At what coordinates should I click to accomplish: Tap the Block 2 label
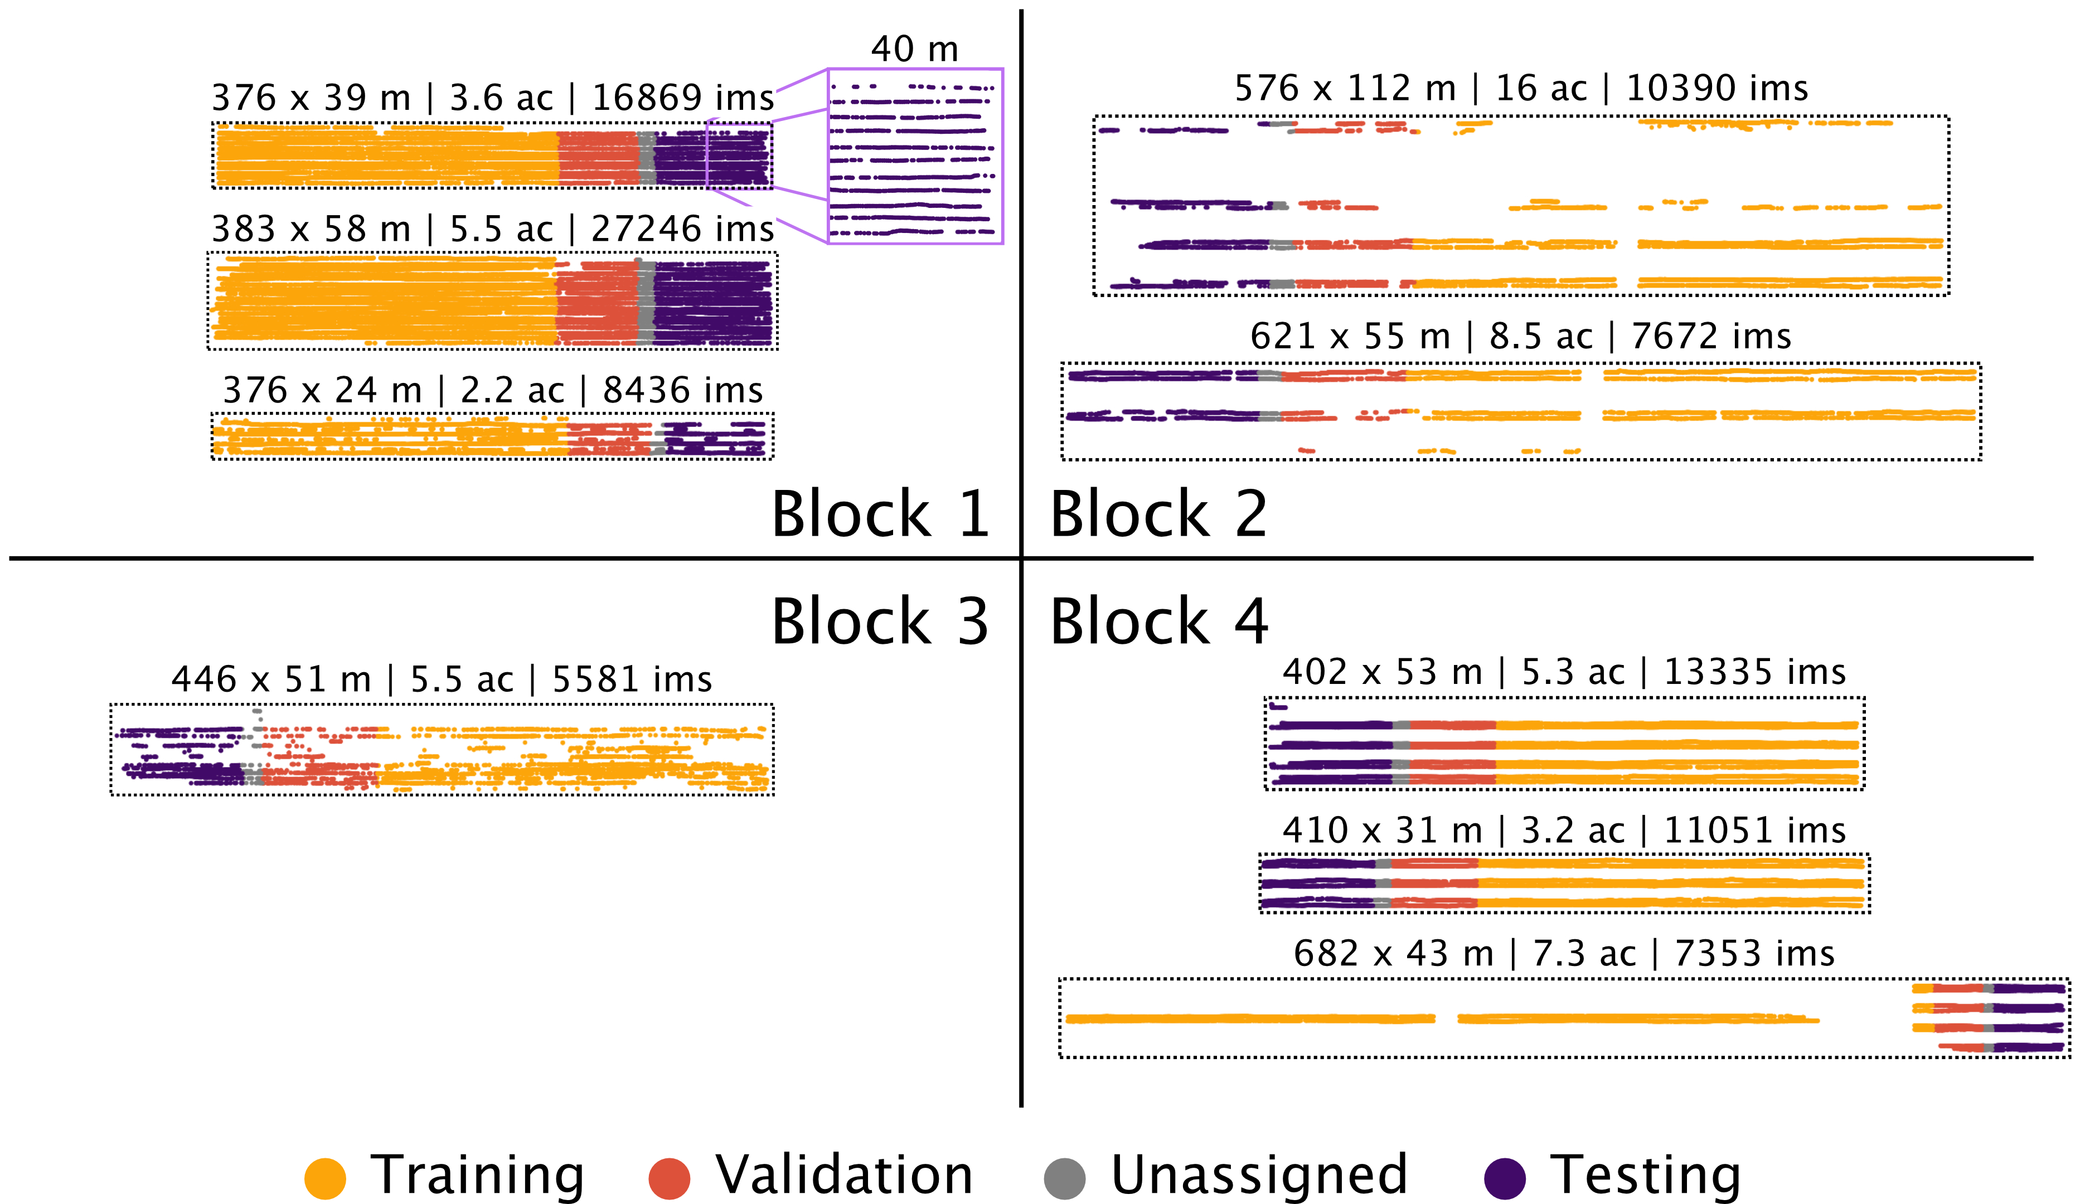click(x=1158, y=514)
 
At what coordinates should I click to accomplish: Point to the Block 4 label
click(x=1158, y=622)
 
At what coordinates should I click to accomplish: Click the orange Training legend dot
click(x=325, y=1178)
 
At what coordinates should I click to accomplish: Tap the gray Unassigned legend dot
click(x=1064, y=1178)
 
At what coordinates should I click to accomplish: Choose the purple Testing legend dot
click(x=1505, y=1178)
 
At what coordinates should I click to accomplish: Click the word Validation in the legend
click(x=843, y=1175)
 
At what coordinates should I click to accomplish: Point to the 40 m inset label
click(x=915, y=50)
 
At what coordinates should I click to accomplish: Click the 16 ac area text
click(x=1541, y=89)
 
